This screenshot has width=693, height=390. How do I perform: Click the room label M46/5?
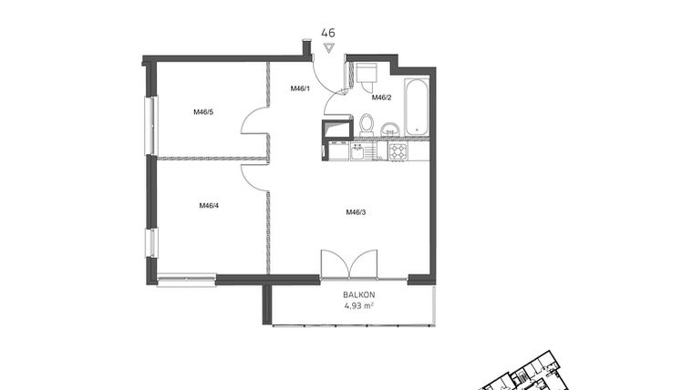click(x=202, y=112)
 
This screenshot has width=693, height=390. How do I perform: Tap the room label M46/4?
click(x=209, y=205)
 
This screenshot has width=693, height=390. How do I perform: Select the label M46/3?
click(x=356, y=212)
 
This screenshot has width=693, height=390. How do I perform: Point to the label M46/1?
click(x=300, y=88)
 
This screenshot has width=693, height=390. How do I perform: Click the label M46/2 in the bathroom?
click(x=380, y=97)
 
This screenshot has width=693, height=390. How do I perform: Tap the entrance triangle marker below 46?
click(x=328, y=47)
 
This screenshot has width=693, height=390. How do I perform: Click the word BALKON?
click(x=359, y=295)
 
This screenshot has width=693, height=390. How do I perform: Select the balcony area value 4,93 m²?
click(x=359, y=306)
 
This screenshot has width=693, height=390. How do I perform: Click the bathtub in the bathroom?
click(x=416, y=108)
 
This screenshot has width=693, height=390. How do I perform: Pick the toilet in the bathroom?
click(x=367, y=123)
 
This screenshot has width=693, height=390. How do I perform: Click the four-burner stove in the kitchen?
click(x=398, y=151)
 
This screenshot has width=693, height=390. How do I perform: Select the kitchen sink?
click(x=358, y=151)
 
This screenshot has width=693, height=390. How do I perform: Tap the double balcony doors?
click(x=350, y=263)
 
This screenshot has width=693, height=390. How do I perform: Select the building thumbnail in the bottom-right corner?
click(x=519, y=374)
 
